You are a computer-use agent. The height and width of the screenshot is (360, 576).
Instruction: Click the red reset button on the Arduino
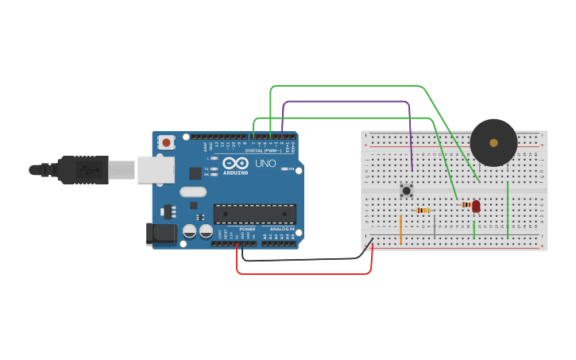tap(166, 142)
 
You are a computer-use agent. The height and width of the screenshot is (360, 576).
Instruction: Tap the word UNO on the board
tap(265, 164)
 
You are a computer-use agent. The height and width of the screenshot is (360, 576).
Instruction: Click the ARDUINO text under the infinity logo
tap(235, 172)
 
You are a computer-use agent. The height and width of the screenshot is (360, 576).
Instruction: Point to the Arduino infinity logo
tap(235, 163)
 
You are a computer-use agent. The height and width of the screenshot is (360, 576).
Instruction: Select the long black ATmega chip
tap(254, 214)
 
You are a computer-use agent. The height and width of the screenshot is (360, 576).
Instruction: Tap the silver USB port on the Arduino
tap(156, 169)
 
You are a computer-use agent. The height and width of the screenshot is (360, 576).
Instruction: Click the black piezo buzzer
tap(493, 142)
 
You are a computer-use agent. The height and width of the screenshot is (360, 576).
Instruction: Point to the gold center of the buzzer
tap(493, 143)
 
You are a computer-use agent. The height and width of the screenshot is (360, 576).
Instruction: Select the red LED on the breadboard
tap(476, 206)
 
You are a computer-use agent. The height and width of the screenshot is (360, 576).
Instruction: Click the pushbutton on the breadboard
tap(407, 190)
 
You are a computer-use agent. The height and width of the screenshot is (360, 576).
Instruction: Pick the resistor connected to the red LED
tap(466, 204)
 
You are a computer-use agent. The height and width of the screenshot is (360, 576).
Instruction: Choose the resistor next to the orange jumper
tap(423, 210)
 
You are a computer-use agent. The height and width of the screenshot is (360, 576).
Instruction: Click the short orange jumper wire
tap(400, 229)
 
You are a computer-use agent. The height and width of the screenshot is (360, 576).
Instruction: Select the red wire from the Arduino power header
tap(302, 273)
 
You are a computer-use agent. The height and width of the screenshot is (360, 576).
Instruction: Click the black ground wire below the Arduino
tap(302, 259)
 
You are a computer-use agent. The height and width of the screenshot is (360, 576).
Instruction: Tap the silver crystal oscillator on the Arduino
tap(193, 191)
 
